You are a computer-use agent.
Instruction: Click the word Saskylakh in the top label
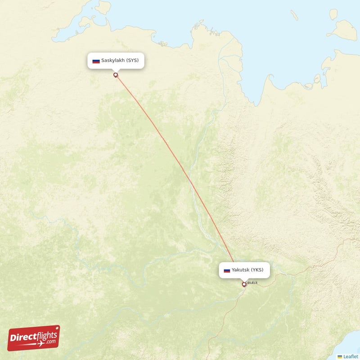tap(112, 60)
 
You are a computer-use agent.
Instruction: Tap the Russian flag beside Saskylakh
tap(96, 61)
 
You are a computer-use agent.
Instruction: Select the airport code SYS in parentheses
tap(132, 60)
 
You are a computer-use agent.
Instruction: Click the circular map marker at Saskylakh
tap(116, 75)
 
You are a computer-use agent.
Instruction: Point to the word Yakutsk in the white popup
tap(241, 270)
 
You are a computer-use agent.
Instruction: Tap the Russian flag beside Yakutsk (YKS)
tap(227, 270)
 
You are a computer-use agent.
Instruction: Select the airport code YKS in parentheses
tap(258, 270)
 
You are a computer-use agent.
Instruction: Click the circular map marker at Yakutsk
tap(244, 284)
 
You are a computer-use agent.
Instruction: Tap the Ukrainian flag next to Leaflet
tap(340, 356)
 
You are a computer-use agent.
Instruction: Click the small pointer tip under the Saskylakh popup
tap(116, 70)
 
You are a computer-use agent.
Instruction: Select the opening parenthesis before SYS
tap(127, 60)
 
